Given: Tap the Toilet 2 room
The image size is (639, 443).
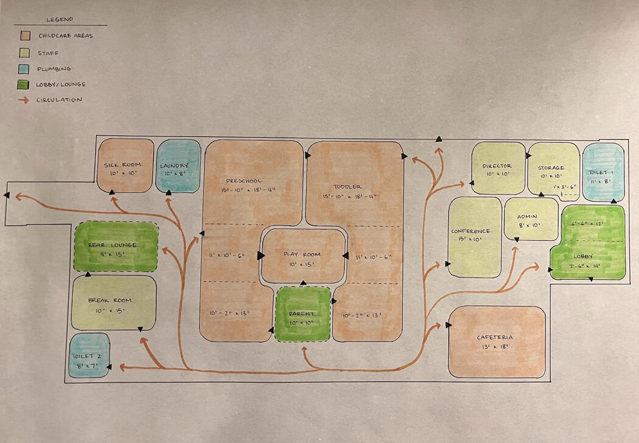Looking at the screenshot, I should click(89, 355).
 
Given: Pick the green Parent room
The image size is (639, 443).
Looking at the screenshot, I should click(303, 314).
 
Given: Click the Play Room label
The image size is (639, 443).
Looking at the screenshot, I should click(303, 254).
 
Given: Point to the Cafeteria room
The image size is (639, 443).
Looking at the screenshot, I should click(497, 341).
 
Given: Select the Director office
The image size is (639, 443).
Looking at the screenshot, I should click(498, 168).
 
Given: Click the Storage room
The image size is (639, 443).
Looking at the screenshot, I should click(553, 169).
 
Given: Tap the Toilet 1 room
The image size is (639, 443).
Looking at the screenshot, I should click(603, 172).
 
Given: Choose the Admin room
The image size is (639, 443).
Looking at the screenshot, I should click(531, 219).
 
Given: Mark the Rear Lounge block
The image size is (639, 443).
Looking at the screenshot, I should click(116, 246).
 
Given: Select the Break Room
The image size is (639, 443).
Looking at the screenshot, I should click(114, 303).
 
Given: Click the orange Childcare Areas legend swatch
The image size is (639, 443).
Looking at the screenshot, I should click(25, 36).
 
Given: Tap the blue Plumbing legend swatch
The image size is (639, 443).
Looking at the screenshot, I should click(25, 69).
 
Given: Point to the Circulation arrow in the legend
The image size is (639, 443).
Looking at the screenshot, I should click(25, 100).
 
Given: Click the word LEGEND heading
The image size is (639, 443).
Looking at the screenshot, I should click(60, 19).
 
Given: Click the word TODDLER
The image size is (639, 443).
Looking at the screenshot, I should click(347, 186).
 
